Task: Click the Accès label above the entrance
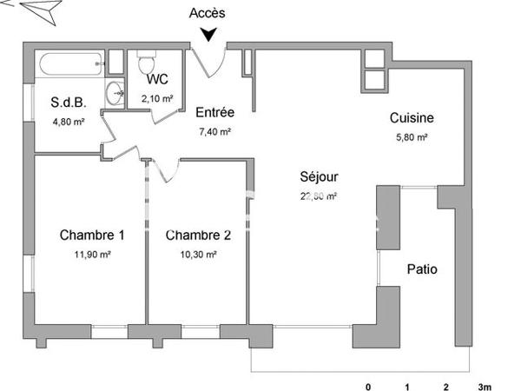pyautogui.click(x=208, y=13)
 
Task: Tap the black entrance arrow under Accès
pyautogui.click(x=209, y=35)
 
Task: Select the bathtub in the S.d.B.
pyautogui.click(x=70, y=63)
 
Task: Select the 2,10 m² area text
pyautogui.click(x=157, y=98)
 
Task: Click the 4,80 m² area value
pyautogui.click(x=68, y=122)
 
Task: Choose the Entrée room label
pyautogui.click(x=214, y=112)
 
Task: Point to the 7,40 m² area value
pyautogui.click(x=214, y=132)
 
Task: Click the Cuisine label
pyautogui.click(x=412, y=118)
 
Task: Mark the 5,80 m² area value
pyautogui.click(x=412, y=137)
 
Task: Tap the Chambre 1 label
pyautogui.click(x=92, y=235)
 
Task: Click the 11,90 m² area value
pyautogui.click(x=92, y=255)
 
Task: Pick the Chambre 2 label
pyautogui.click(x=198, y=235)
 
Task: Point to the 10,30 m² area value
pyautogui.click(x=199, y=255)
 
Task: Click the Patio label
pyautogui.click(x=422, y=269)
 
